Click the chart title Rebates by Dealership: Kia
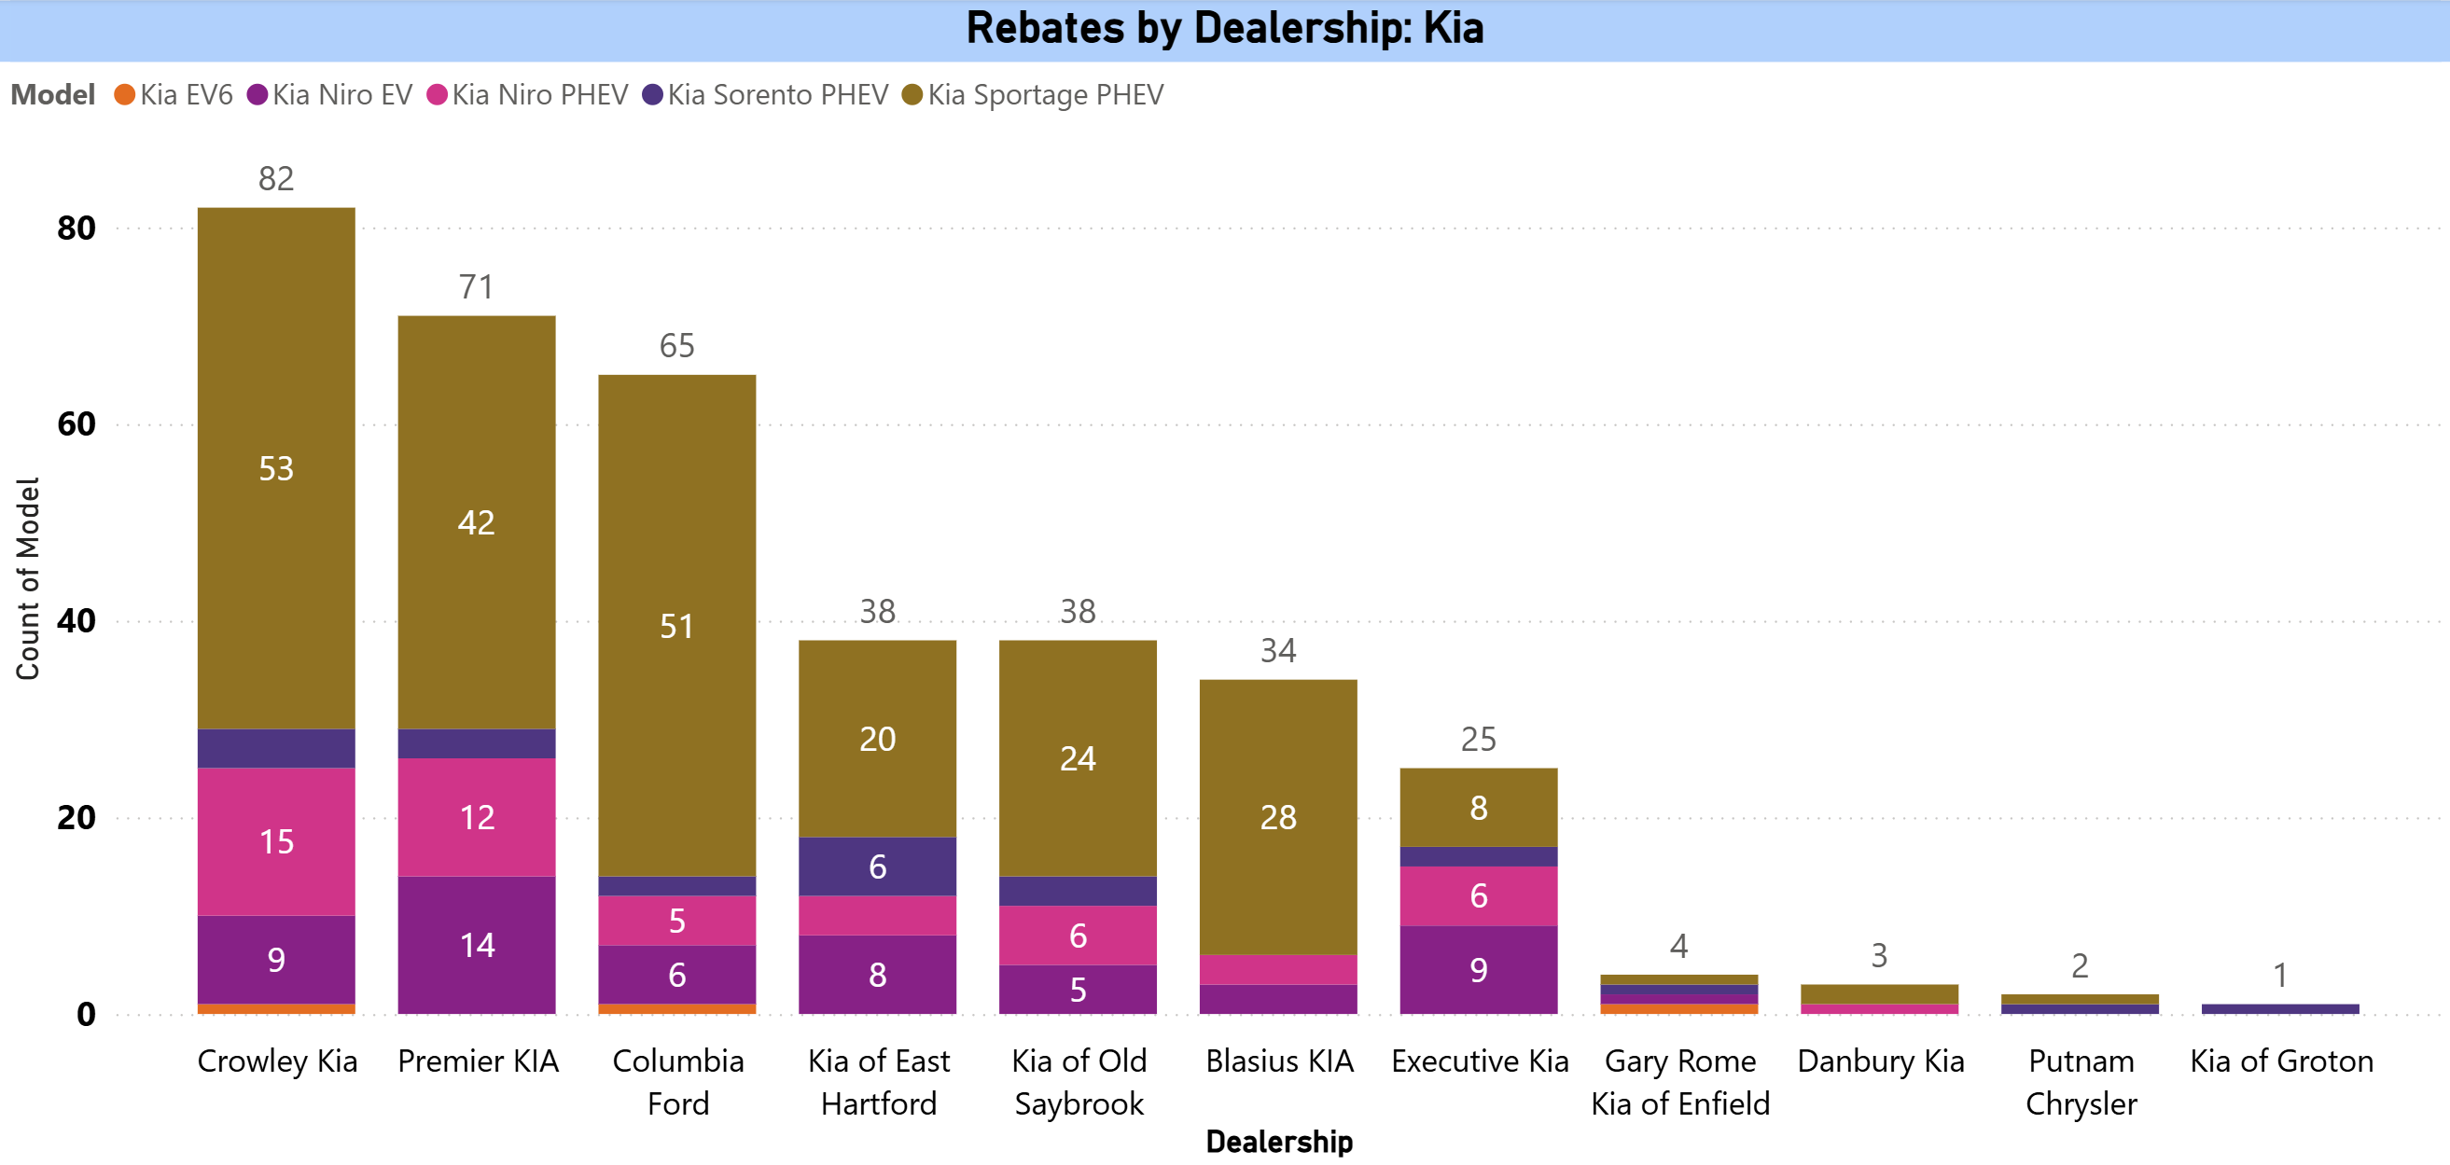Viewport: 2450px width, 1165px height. tap(1224, 28)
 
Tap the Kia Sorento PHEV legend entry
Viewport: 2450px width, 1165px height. tap(766, 95)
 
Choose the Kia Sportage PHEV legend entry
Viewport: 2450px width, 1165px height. tap(1033, 95)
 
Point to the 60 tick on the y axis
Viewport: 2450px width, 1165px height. tap(77, 424)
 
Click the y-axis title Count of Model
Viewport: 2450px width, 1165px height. tap(28, 578)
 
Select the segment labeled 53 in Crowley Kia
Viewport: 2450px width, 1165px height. tap(276, 468)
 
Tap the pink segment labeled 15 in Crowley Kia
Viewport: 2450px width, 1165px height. tap(276, 841)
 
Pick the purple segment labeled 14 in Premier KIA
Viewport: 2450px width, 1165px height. tap(477, 944)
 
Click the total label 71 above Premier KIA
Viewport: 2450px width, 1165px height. tap(477, 286)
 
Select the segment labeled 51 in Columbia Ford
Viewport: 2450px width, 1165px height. tap(676, 625)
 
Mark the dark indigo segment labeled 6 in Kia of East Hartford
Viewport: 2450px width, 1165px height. tap(877, 867)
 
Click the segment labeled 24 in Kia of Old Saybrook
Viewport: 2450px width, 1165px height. tap(1078, 758)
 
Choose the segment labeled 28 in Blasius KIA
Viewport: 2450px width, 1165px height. tap(1277, 816)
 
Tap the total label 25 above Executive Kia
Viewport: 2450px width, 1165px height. tap(1478, 739)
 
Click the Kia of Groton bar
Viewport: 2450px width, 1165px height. tap(2280, 1008)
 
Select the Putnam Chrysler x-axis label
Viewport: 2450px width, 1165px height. tap(2080, 1081)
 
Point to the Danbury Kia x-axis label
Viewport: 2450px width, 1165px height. tap(1880, 1061)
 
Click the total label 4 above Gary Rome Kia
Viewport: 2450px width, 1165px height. tap(1678, 946)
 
